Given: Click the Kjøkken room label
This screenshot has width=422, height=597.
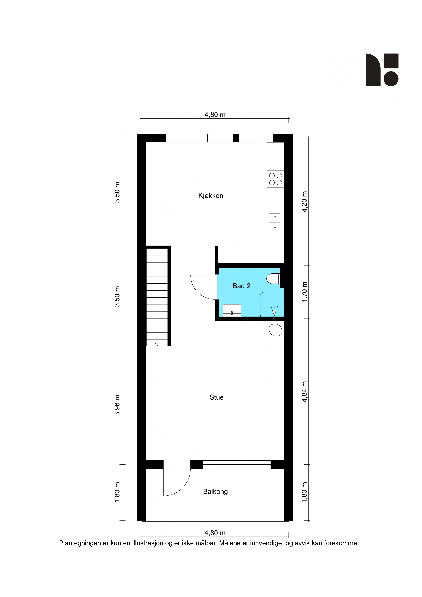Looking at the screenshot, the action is tap(211, 196).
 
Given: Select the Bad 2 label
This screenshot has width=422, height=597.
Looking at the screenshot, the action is tap(241, 286).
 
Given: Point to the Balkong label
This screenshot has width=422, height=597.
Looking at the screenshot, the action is tap(215, 492).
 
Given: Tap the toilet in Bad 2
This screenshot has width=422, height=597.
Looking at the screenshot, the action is tap(273, 278).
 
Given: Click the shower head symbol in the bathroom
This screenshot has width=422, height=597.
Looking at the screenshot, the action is tap(274, 311).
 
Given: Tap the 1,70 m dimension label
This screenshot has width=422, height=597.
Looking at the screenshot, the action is tap(304, 292).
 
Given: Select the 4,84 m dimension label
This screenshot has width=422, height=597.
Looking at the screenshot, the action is tap(304, 392).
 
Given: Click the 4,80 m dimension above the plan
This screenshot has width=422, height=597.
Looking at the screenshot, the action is tap(215, 115).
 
